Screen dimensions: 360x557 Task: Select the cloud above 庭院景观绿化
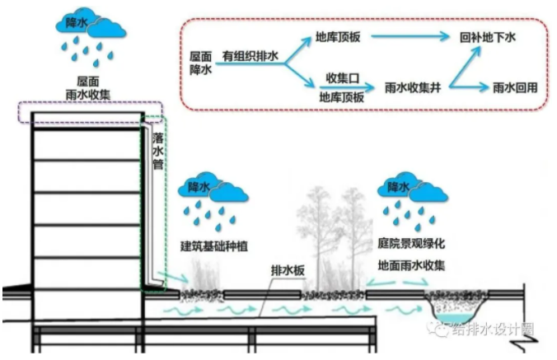point(410,189)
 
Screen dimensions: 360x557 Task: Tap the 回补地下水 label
point(494,38)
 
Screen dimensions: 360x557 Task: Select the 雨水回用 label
point(515,86)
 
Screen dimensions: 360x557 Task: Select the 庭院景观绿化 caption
point(410,245)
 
